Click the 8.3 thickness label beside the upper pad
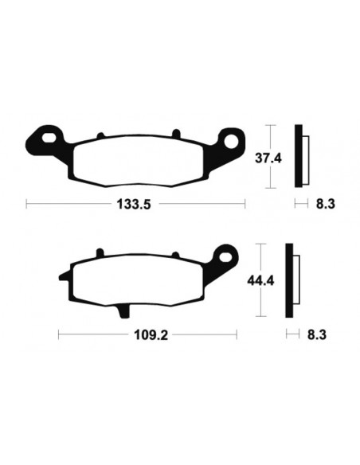pyautogui.click(x=324, y=204)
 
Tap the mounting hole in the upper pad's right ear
pyautogui.click(x=234, y=143)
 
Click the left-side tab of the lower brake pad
pyautogui.click(x=61, y=278)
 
